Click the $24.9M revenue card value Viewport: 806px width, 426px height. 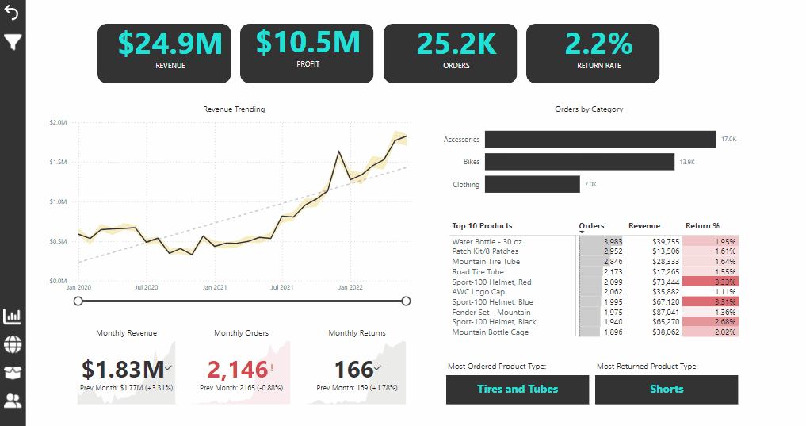[x=170, y=44]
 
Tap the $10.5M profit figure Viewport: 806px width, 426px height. [x=308, y=41]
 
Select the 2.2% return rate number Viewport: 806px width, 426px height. [x=598, y=44]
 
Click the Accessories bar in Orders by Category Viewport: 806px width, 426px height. [x=600, y=140]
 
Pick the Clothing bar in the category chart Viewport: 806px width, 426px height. [x=532, y=185]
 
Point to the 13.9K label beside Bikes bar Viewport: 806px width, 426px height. [x=687, y=162]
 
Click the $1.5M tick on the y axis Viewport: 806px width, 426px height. [x=59, y=162]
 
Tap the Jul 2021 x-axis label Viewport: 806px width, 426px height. [x=282, y=287]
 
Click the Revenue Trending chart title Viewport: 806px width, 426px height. [x=234, y=109]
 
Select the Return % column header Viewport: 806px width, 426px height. [x=702, y=226]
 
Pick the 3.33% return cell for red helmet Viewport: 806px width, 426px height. [x=710, y=282]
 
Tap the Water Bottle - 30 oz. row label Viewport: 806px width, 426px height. [x=488, y=241]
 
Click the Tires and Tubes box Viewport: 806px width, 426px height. [x=518, y=390]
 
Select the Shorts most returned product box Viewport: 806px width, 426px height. [x=667, y=390]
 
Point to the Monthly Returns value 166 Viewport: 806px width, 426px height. [x=353, y=369]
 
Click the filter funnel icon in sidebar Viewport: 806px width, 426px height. [x=13, y=42]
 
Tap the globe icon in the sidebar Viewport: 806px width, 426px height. [x=13, y=344]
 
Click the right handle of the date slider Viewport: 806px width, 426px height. [x=406, y=301]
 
